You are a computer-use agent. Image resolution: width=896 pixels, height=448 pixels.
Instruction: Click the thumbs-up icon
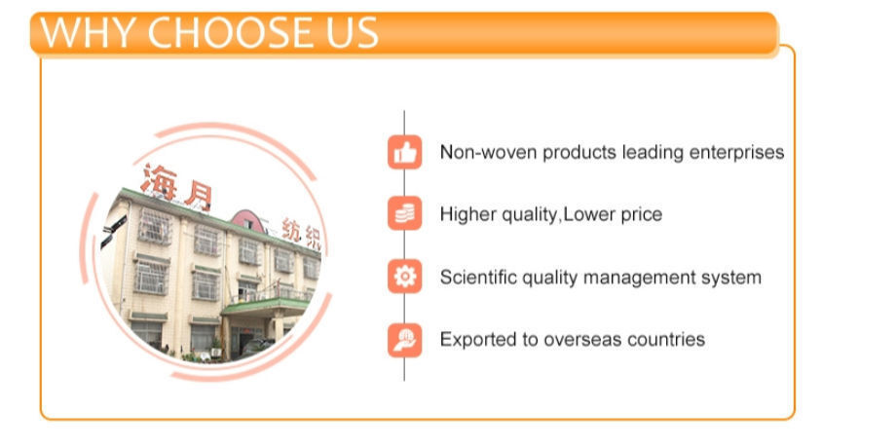click(404, 152)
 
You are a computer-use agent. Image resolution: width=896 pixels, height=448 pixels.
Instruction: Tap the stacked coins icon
click(404, 213)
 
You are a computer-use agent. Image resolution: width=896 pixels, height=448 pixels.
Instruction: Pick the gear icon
click(404, 277)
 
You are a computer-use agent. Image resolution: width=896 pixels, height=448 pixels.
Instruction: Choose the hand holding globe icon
click(404, 341)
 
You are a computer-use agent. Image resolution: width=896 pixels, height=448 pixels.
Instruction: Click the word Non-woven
click(489, 153)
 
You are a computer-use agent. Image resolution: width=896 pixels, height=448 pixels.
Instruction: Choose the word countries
click(666, 340)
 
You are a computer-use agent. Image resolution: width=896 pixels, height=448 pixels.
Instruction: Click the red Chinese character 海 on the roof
click(159, 181)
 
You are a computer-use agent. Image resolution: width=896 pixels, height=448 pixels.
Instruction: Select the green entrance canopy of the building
click(266, 308)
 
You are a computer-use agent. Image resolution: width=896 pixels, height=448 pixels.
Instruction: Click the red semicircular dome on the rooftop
click(248, 221)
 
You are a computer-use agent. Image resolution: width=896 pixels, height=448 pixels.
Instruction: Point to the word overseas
click(581, 341)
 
